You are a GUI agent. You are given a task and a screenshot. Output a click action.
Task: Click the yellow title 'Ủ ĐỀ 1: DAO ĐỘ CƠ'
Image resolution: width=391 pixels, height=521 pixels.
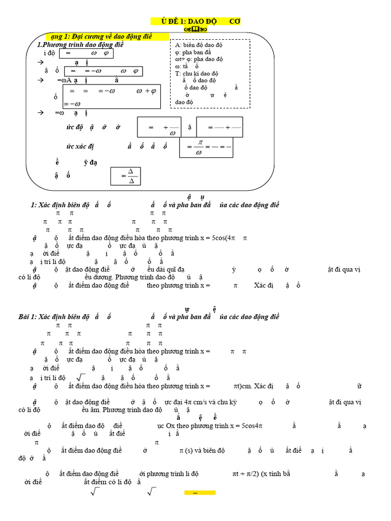point(197,21)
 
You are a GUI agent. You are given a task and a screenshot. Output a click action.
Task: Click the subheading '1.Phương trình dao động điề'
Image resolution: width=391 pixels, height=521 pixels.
point(80,45)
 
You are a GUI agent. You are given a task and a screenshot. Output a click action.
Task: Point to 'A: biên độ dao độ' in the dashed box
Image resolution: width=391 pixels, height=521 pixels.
point(198,45)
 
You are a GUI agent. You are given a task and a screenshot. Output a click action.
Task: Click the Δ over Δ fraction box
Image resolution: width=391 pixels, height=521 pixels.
point(125,177)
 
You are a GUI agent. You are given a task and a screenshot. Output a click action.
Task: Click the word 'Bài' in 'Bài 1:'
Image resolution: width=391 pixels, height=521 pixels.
point(37,317)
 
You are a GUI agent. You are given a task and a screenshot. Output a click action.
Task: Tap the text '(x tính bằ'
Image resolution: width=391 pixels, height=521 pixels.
point(275,474)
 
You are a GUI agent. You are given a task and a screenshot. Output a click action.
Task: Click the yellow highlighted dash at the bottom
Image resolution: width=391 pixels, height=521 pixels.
point(200,493)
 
